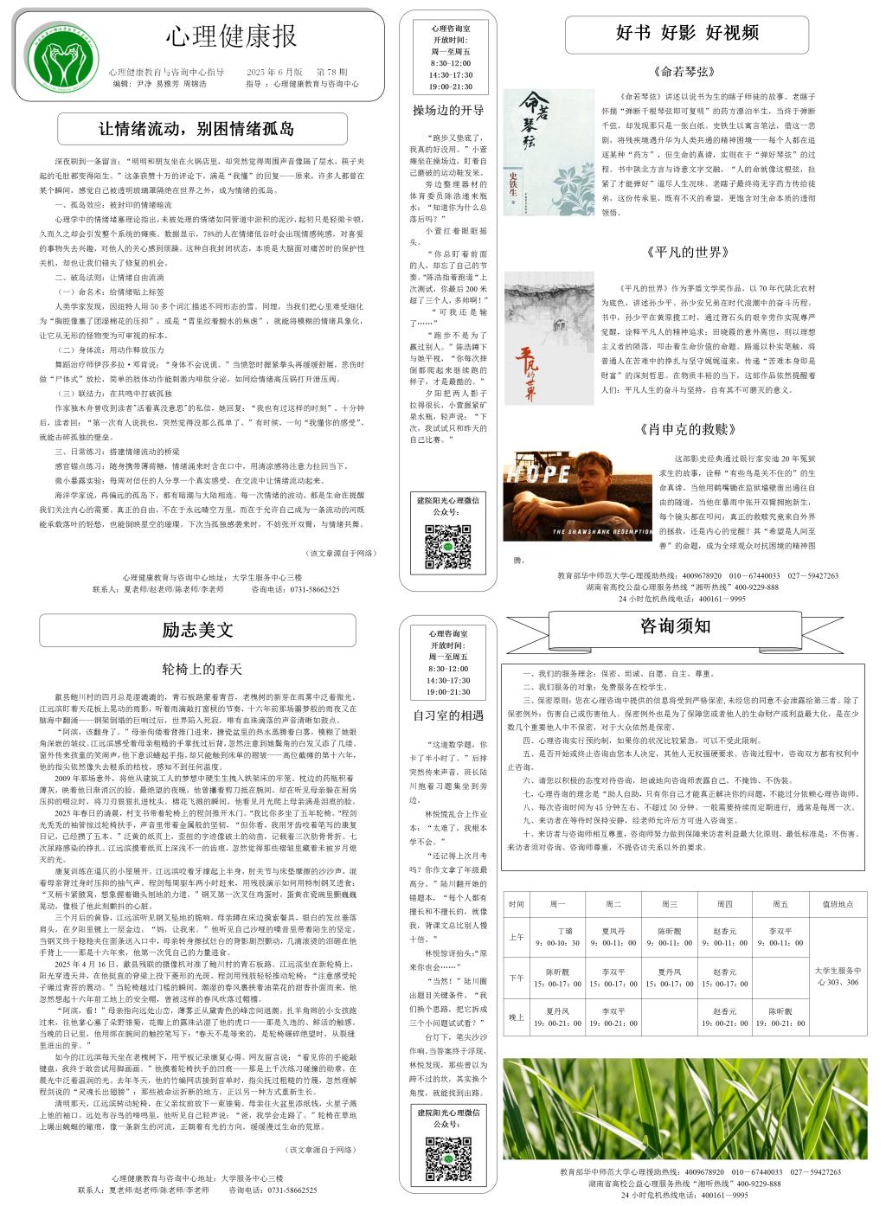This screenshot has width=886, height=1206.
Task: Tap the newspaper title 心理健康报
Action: pyautogui.click(x=232, y=36)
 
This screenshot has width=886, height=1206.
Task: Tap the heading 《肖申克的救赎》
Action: pyautogui.click(x=688, y=429)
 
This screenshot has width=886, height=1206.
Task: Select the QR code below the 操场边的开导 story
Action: pyautogui.click(x=446, y=546)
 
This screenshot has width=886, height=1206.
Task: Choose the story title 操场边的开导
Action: pyautogui.click(x=448, y=111)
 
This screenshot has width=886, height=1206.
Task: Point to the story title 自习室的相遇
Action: pyautogui.click(x=448, y=715)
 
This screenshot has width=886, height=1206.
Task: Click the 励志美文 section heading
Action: pyautogui.click(x=197, y=630)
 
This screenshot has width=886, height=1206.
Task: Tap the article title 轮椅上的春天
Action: pyautogui.click(x=202, y=669)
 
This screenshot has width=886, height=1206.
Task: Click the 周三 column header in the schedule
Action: pyautogui.click(x=669, y=904)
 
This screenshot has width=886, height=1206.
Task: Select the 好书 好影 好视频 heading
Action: pyautogui.click(x=687, y=34)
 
